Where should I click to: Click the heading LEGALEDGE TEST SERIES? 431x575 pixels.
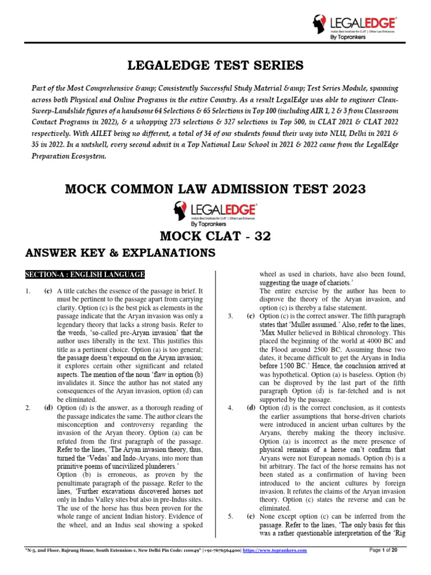pyautogui.click(x=215, y=66)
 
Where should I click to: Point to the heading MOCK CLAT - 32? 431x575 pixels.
pyautogui.click(x=215, y=236)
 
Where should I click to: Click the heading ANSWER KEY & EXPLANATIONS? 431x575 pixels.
pyautogui.click(x=121, y=254)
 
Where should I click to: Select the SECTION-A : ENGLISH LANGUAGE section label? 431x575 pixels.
pyautogui.click(x=85, y=274)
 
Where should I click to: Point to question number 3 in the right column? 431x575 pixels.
pyautogui.click(x=231, y=316)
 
